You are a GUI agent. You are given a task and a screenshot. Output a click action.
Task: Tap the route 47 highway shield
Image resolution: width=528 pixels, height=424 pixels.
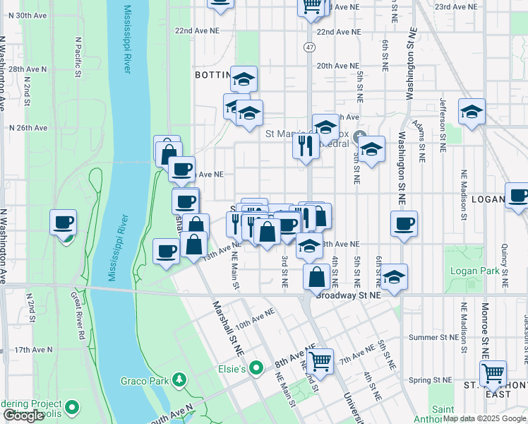(310, 47)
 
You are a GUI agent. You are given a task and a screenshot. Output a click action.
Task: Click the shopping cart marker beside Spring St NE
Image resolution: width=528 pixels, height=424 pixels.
(492, 371)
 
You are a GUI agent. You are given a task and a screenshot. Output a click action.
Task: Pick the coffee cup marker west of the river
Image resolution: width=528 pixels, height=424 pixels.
(63, 223)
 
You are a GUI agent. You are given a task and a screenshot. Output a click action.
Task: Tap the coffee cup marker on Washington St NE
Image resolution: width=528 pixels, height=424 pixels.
(404, 224)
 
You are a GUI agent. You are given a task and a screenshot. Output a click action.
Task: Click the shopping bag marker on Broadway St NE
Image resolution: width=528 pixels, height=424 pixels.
(316, 276)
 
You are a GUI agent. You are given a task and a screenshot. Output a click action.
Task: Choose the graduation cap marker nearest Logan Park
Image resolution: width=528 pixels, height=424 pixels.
(395, 276)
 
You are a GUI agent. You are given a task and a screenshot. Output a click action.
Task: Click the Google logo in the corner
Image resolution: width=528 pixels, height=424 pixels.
(23, 416)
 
